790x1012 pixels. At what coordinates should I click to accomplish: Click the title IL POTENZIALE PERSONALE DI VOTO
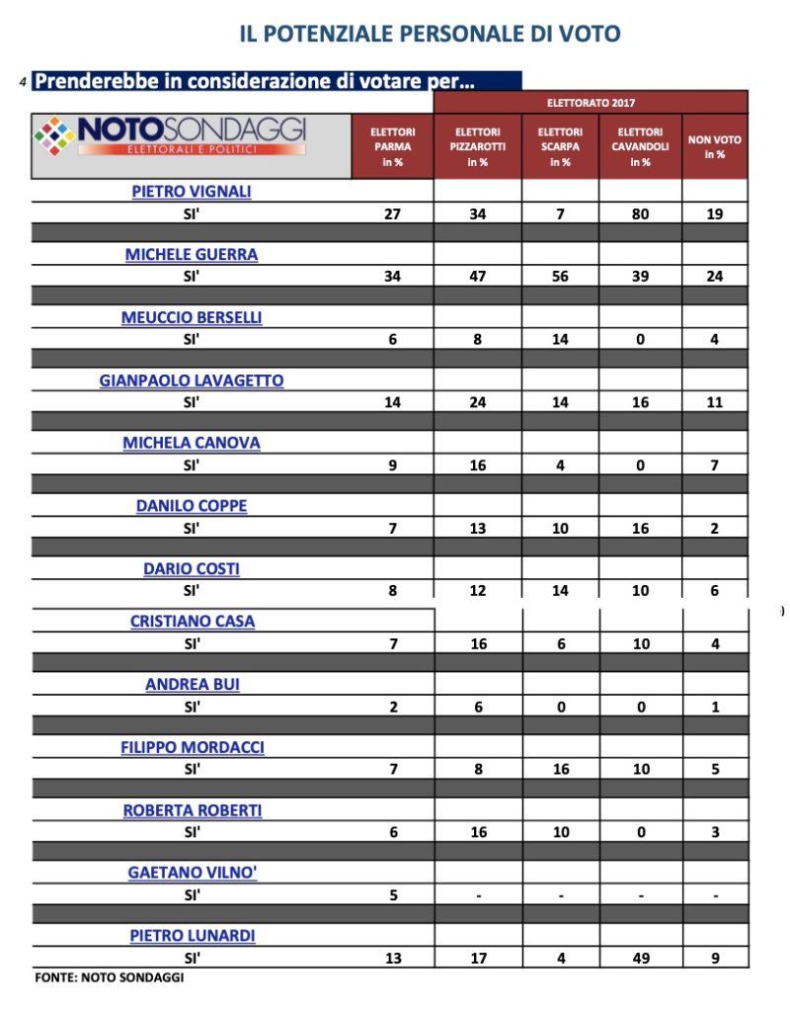(x=430, y=34)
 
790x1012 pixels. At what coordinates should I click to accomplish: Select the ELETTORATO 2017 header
(x=591, y=103)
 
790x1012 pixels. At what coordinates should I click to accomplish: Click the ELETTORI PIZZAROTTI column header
(x=477, y=146)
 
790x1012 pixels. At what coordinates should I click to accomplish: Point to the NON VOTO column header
(x=714, y=147)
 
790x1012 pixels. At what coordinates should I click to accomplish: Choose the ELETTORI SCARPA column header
(x=560, y=146)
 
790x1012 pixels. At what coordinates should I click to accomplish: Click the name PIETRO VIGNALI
(x=192, y=192)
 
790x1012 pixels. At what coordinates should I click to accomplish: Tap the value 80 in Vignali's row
(x=640, y=213)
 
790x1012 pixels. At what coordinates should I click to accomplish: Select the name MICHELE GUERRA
(x=192, y=254)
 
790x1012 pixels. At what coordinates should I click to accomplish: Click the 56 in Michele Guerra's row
(x=560, y=276)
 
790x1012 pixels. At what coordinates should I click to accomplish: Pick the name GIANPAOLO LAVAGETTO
(x=192, y=380)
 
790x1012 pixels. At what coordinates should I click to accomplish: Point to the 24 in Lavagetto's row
(x=477, y=402)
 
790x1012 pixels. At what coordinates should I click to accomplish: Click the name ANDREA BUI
(x=192, y=684)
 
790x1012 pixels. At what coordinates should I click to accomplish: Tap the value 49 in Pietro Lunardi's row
(x=640, y=958)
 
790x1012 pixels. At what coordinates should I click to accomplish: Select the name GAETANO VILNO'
(x=192, y=873)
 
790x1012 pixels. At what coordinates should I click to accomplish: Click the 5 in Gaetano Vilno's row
(x=392, y=895)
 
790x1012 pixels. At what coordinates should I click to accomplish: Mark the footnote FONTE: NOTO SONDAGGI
(x=109, y=977)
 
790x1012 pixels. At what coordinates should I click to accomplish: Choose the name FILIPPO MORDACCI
(x=192, y=747)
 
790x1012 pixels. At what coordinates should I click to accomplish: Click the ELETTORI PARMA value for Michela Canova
(x=392, y=465)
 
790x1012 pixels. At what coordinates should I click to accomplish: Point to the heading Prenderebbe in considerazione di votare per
(x=255, y=81)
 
